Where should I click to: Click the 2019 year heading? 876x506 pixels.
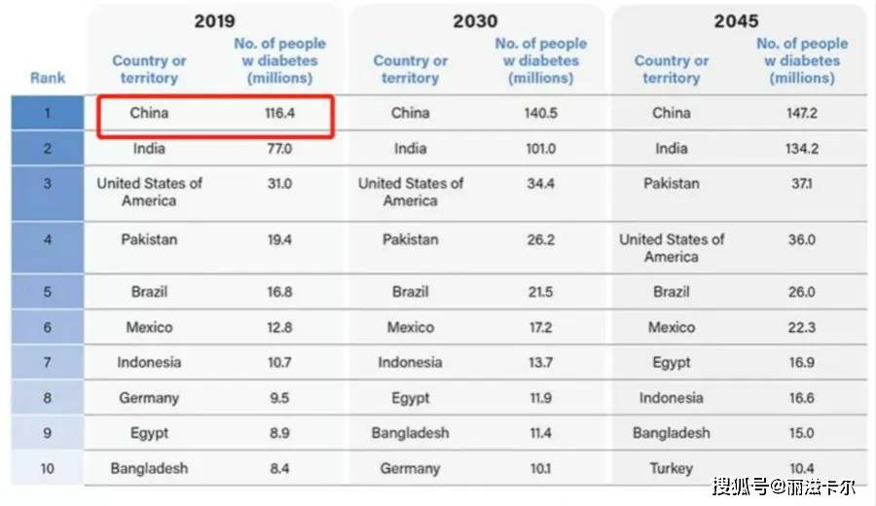pos(214,21)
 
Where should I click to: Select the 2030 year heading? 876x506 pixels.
pos(475,21)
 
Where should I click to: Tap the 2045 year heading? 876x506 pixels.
pos(736,21)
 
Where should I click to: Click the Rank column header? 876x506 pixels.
pos(48,78)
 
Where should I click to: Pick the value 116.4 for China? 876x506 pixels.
pos(279,113)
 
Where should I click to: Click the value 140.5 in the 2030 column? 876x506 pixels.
pos(540,113)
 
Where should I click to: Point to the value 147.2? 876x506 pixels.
pos(802,113)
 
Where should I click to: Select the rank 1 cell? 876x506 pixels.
pos(48,113)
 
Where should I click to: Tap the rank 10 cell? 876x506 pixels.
pos(48,468)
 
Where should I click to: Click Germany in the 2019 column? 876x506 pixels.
pos(149,398)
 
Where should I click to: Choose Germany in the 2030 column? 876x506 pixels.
pos(410,469)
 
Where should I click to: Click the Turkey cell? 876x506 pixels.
pos(671,468)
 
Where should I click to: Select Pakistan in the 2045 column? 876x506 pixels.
pos(671,183)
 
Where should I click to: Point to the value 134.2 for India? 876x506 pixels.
pos(802,149)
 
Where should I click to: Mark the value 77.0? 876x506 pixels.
pos(279,149)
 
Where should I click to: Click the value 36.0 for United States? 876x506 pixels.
pos(802,239)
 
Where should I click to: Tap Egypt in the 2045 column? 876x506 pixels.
pos(671,363)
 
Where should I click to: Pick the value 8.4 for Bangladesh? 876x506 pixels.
pos(279,468)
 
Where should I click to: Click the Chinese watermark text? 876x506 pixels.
pos(784,487)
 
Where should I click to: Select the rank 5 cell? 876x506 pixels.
pos(48,292)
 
